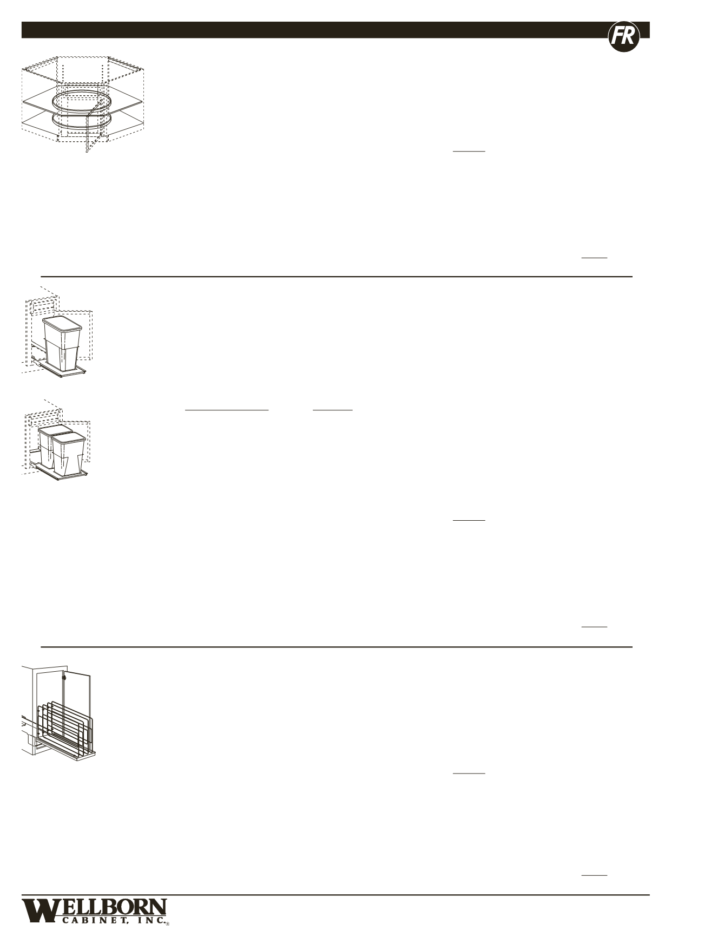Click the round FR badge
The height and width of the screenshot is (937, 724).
[x=624, y=37]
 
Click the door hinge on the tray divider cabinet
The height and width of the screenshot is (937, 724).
[x=64, y=677]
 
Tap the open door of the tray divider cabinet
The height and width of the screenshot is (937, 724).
[x=77, y=698]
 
